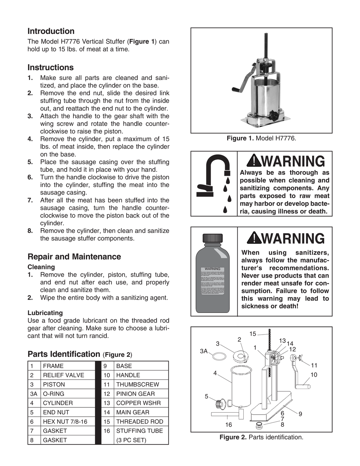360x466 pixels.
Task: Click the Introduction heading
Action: click(x=51, y=31)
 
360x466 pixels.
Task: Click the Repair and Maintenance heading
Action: click(x=74, y=257)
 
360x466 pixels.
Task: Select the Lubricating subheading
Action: click(x=45, y=313)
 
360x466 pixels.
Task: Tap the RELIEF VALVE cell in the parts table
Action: click(x=63, y=375)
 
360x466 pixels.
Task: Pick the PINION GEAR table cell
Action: click(x=135, y=394)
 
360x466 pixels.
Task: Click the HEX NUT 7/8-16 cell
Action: click(x=65, y=422)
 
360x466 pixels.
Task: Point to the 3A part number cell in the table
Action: click(x=34, y=394)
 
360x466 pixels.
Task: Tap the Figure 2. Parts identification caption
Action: click(x=261, y=438)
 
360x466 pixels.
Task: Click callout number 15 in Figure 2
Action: click(x=253, y=334)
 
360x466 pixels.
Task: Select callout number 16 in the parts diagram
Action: click(x=229, y=425)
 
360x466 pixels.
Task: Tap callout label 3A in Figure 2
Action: click(x=204, y=351)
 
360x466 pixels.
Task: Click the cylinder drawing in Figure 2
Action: click(x=241, y=385)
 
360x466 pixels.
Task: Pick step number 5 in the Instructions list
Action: click(x=30, y=162)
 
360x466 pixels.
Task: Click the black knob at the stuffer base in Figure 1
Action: click(x=274, y=116)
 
